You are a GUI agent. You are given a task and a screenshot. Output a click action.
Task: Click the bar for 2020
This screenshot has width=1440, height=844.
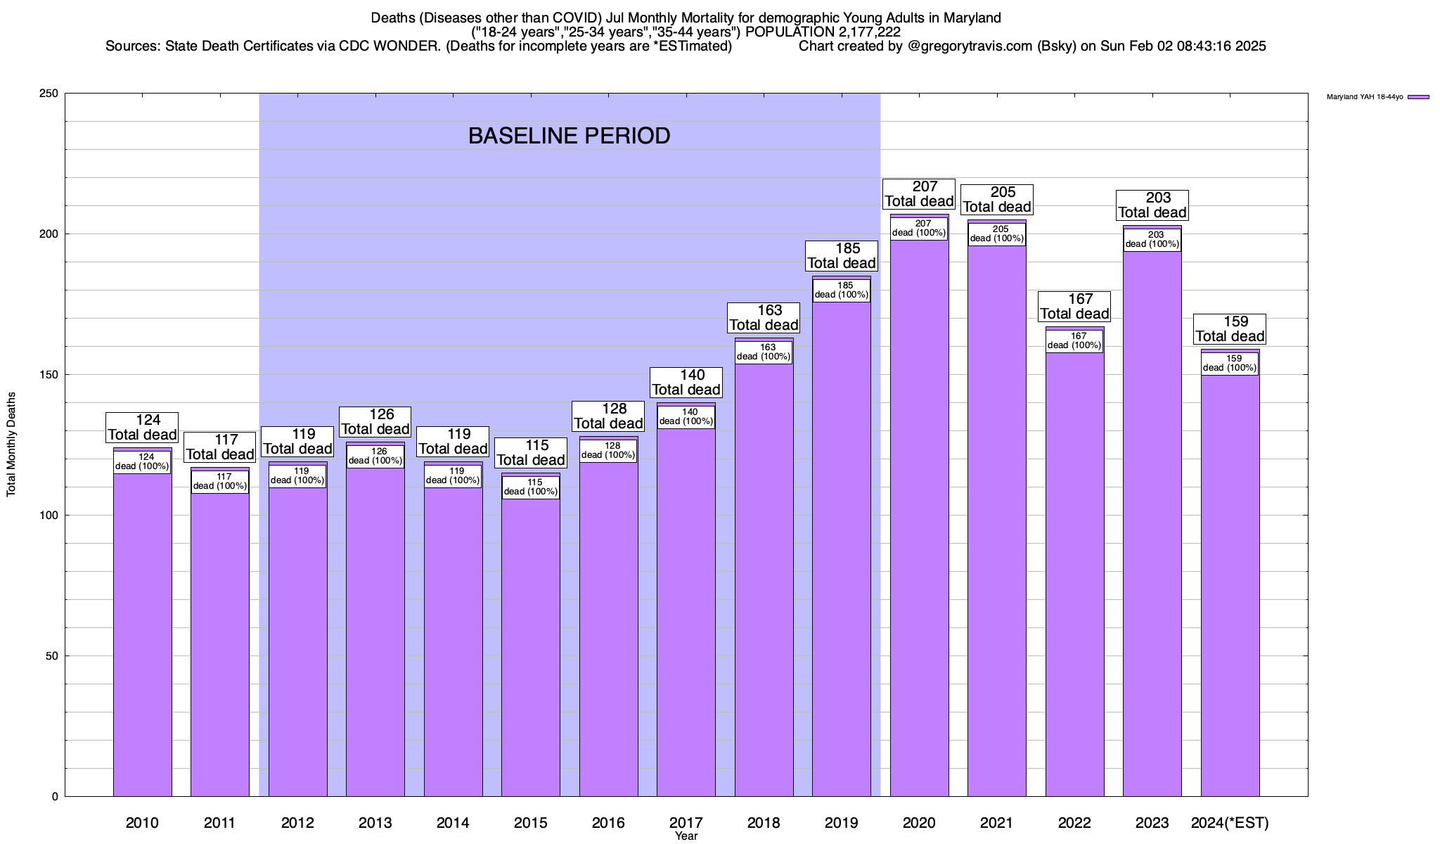click(x=919, y=520)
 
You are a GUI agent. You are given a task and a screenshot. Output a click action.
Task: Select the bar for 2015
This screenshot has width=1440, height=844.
click(x=531, y=647)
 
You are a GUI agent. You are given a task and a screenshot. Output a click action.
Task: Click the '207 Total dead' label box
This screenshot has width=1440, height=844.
click(x=919, y=194)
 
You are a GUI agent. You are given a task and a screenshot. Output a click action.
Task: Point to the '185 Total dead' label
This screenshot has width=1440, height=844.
click(x=842, y=256)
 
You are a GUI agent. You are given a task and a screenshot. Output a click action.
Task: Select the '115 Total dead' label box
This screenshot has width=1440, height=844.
click(x=531, y=453)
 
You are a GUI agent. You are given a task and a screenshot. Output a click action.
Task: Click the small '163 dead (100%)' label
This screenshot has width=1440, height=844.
click(x=764, y=352)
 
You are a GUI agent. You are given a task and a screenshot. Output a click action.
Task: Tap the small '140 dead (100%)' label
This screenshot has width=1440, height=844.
click(x=686, y=416)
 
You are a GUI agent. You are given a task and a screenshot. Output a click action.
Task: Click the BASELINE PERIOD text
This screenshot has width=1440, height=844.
click(x=569, y=136)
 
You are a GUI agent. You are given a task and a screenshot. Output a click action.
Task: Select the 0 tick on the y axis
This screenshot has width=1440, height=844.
click(x=54, y=797)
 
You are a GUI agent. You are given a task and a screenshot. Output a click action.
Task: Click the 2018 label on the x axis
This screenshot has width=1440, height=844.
click(x=764, y=823)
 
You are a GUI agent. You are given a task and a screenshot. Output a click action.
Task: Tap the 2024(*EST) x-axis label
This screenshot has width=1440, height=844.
click(x=1230, y=823)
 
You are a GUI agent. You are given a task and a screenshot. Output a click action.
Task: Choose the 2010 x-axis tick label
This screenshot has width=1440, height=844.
click(x=142, y=823)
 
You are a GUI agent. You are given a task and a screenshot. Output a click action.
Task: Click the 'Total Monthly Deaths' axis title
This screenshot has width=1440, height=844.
click(x=11, y=445)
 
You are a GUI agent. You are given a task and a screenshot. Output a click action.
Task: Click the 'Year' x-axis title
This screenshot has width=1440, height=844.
click(x=686, y=836)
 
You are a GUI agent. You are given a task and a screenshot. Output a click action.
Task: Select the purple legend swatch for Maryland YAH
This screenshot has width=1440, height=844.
click(x=1418, y=97)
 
